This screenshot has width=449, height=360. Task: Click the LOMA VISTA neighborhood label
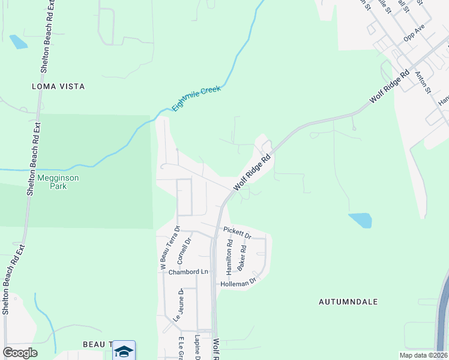tap(58, 86)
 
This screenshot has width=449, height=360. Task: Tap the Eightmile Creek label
tap(197, 98)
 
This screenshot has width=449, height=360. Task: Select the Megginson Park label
tap(58, 182)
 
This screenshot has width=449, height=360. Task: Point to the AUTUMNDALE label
tap(348, 302)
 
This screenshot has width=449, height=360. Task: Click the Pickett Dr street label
tap(235, 230)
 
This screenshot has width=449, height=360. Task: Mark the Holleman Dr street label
tap(238, 282)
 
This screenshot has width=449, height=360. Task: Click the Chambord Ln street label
tap(188, 272)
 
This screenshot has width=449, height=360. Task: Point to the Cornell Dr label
tap(184, 251)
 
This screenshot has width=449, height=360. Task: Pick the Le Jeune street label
tap(178, 305)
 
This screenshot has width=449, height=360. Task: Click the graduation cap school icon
tap(124, 351)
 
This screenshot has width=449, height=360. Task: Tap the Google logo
tap(20, 352)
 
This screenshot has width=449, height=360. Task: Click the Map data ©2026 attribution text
tap(423, 355)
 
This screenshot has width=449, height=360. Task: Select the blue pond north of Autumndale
tap(360, 220)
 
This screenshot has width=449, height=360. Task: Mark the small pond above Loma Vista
tap(18, 41)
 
